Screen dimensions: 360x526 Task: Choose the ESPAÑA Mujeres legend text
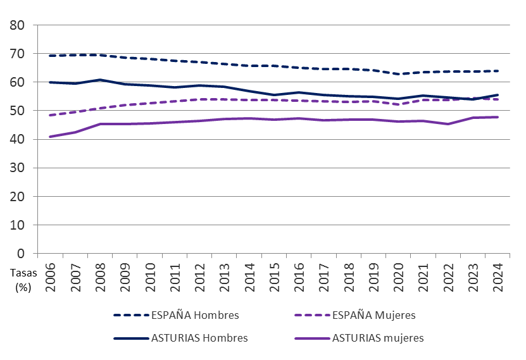tap(373, 314)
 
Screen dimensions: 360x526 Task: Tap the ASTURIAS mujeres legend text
tap(378, 338)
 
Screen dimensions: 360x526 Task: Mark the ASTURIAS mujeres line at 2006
tap(50, 137)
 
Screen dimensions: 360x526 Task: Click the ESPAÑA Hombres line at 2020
tap(398, 74)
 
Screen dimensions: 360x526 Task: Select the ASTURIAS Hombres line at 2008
tap(99, 80)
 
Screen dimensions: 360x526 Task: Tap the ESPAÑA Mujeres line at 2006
tap(50, 115)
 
